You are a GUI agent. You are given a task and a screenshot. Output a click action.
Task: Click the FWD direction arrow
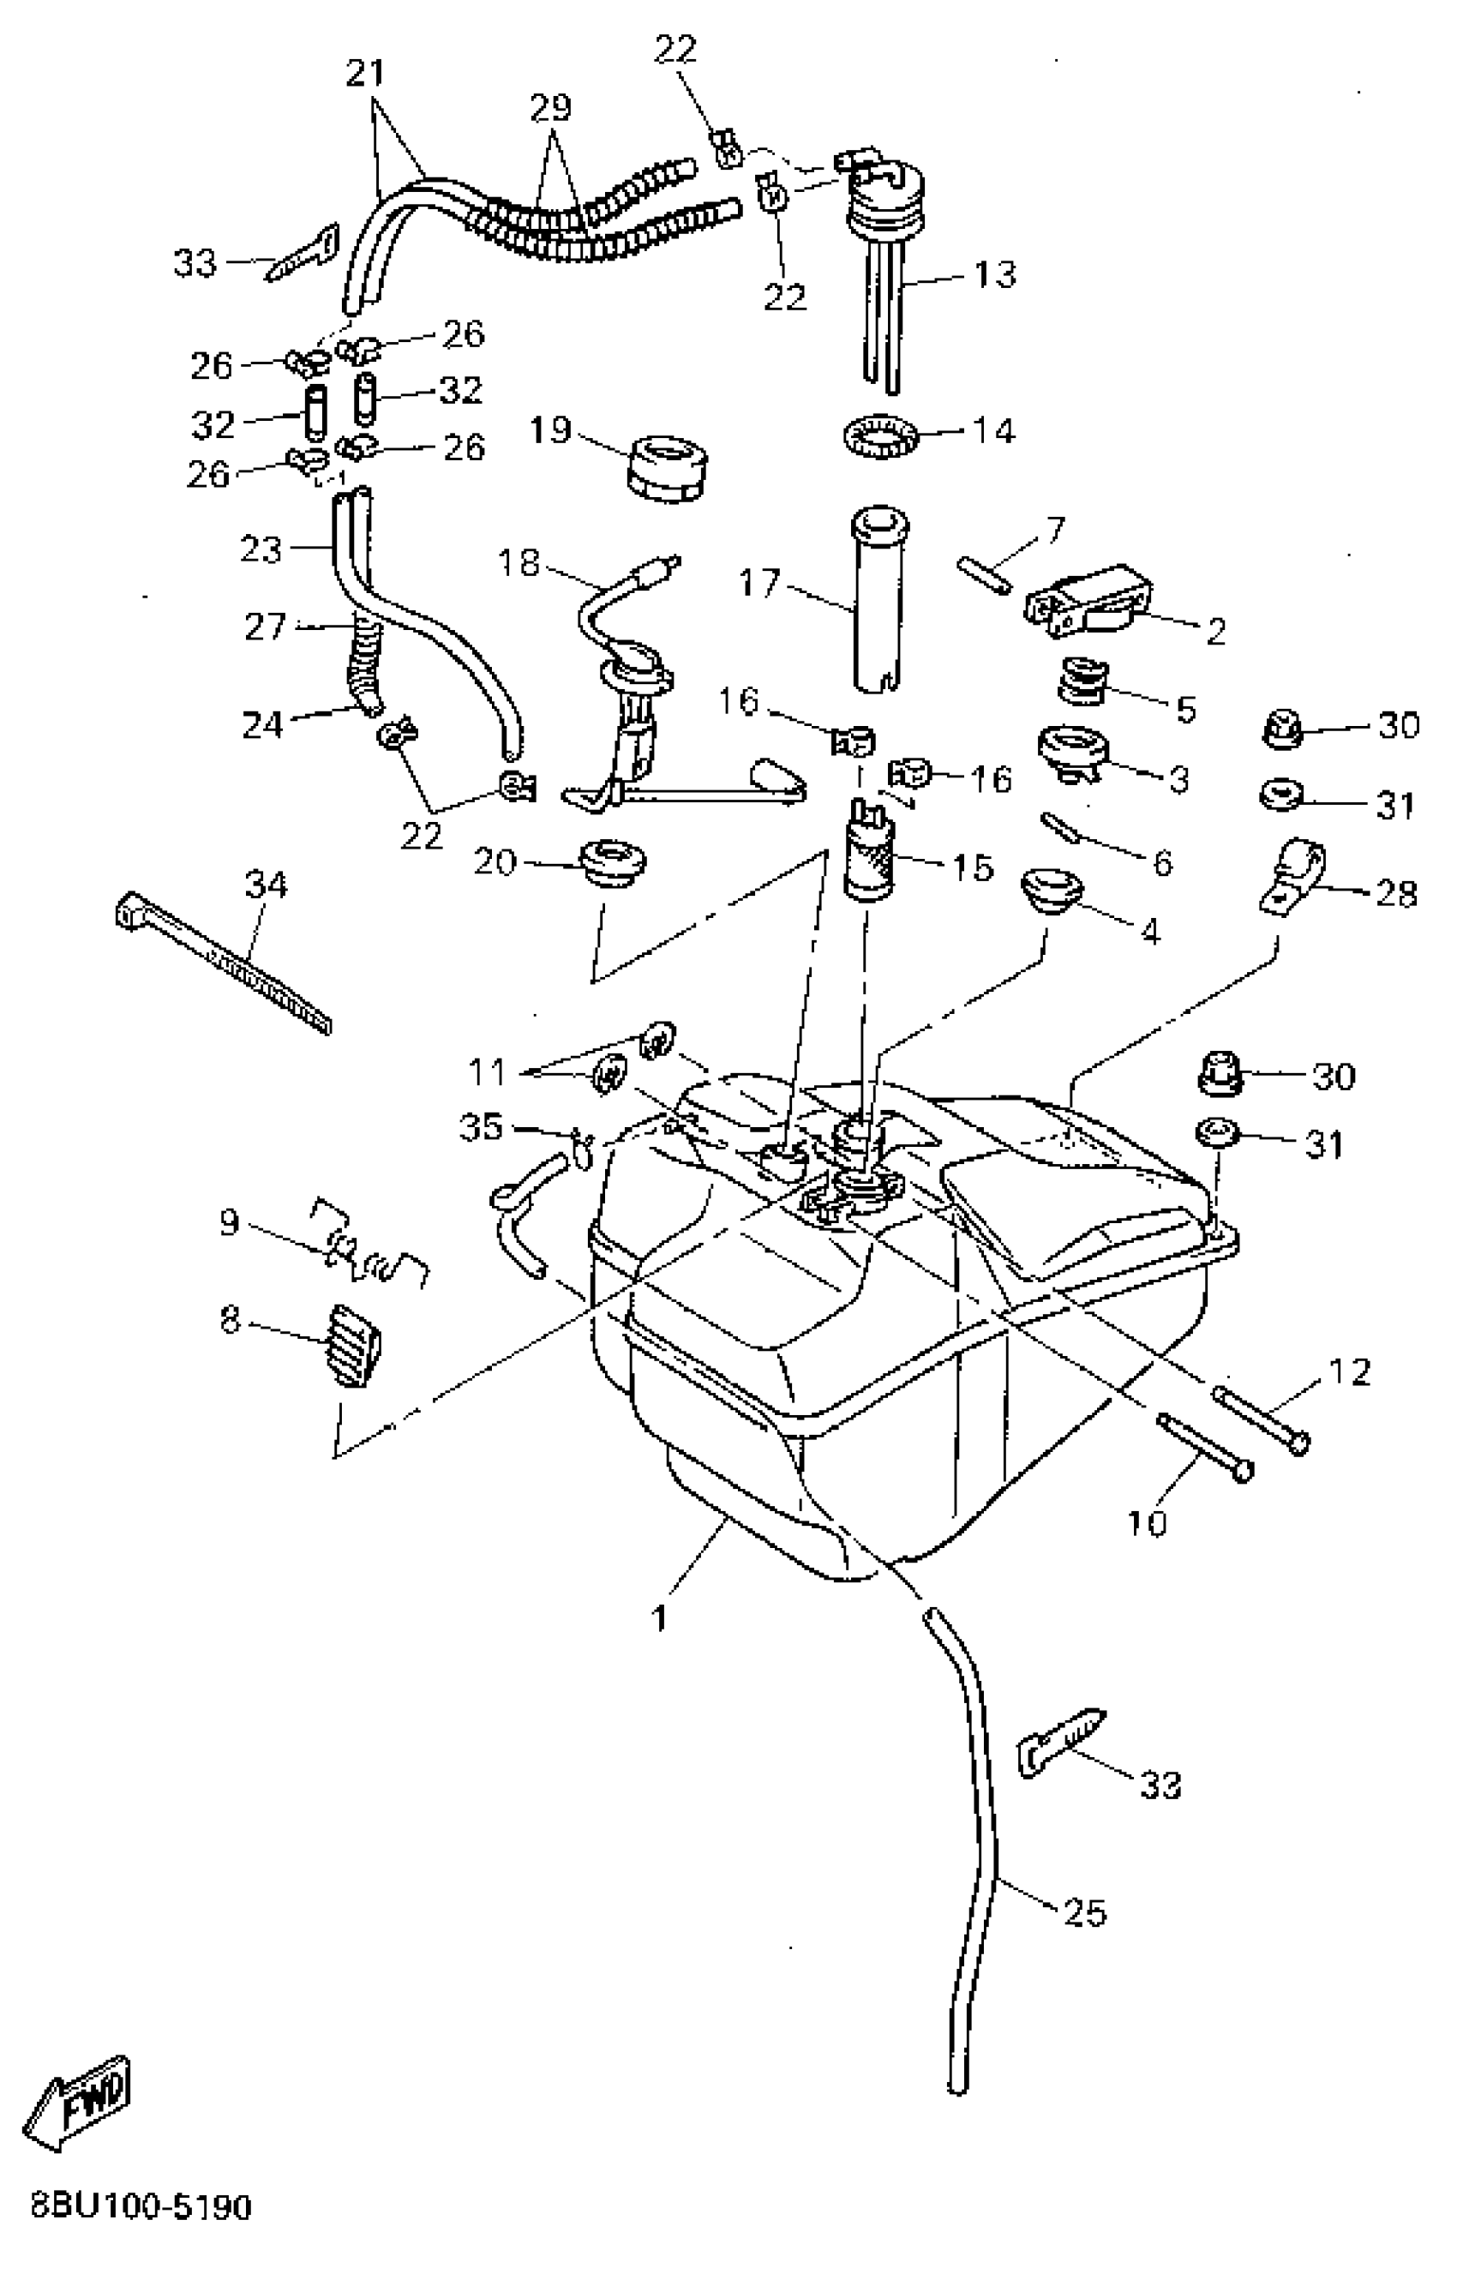coord(81,2100)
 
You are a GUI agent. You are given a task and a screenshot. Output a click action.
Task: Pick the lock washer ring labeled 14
coord(880,436)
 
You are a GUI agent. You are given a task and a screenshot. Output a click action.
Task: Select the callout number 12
coord(1349,1371)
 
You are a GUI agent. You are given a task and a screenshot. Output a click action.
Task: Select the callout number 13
coord(994,273)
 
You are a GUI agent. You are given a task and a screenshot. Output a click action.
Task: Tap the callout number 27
coord(265,627)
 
